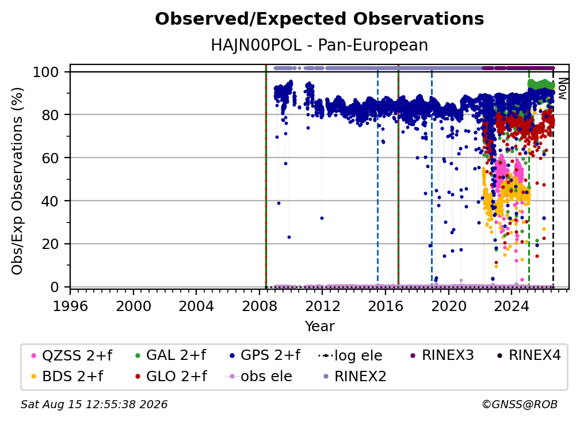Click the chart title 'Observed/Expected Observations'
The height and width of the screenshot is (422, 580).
(x=319, y=19)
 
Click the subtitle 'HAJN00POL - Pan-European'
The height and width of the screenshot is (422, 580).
(x=319, y=45)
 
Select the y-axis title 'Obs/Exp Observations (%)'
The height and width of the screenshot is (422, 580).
(x=17, y=181)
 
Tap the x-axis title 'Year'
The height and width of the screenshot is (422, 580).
(x=319, y=327)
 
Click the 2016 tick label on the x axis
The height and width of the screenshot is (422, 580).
(x=386, y=306)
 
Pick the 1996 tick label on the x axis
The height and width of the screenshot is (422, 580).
(x=70, y=306)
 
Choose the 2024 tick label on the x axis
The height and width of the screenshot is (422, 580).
(x=511, y=306)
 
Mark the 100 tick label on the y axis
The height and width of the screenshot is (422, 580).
(x=46, y=72)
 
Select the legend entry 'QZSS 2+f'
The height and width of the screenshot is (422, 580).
(x=72, y=355)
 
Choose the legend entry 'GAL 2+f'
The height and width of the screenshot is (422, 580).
(x=170, y=355)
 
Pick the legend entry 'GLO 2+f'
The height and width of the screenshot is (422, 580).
(x=171, y=377)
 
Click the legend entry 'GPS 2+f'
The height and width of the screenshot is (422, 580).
(x=265, y=355)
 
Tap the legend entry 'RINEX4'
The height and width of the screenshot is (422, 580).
(x=529, y=355)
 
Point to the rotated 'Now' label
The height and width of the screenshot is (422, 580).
(x=562, y=89)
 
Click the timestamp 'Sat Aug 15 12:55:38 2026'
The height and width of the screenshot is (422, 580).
(x=94, y=405)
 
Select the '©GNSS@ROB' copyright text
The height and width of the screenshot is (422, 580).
(x=520, y=405)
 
